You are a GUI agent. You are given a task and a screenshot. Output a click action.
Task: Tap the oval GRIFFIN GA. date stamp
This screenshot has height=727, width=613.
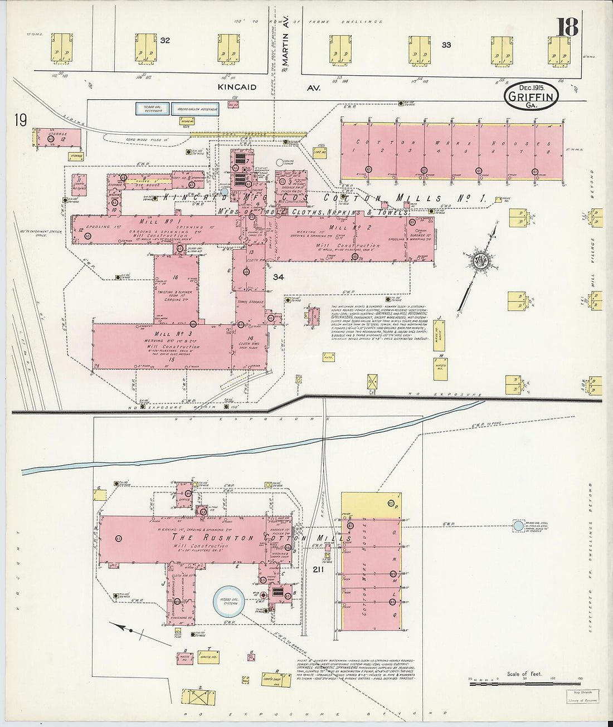(x=532, y=96)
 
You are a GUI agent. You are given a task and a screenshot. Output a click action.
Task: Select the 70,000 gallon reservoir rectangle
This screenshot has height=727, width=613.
(x=152, y=109)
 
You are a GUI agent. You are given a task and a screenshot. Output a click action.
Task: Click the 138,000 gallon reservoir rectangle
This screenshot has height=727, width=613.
(x=195, y=109)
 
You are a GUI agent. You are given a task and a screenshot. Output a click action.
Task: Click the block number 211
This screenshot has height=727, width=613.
(x=318, y=569)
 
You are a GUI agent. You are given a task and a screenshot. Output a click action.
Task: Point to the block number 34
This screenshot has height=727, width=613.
(x=279, y=277)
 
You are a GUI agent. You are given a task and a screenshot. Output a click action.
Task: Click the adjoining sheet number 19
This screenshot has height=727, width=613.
(x=21, y=120)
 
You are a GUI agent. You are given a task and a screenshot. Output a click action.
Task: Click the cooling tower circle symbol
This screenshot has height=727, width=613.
(x=279, y=163)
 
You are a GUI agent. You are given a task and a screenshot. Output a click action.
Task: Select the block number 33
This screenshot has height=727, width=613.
(x=446, y=45)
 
